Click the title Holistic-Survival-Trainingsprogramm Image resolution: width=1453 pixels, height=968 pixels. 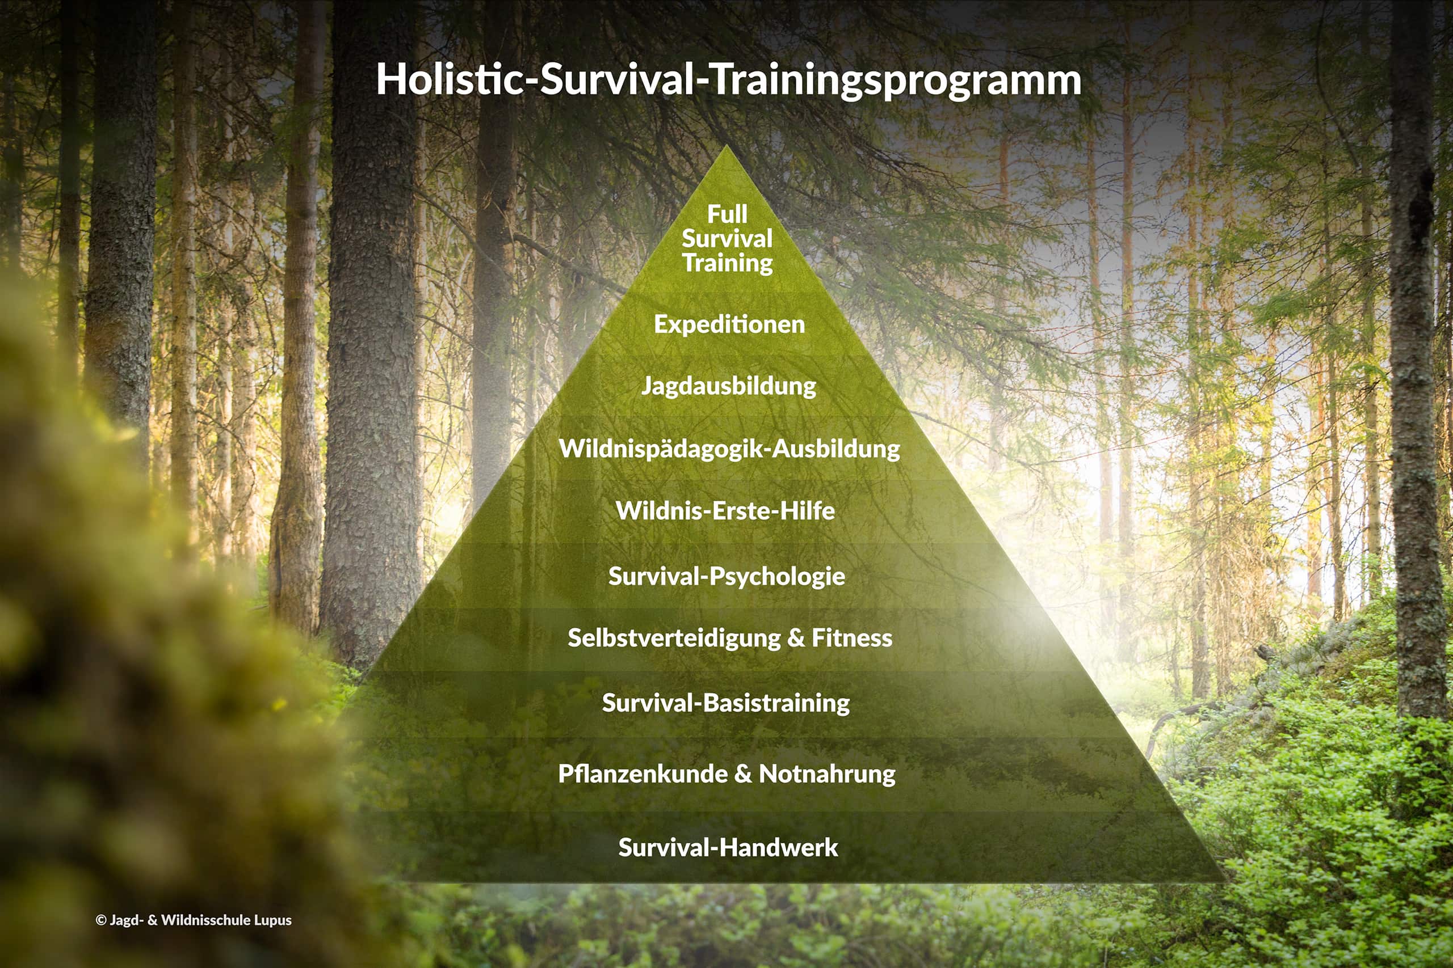tap(729, 81)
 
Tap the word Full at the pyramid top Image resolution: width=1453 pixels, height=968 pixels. tap(727, 214)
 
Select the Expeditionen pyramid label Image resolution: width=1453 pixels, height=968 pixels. tap(729, 325)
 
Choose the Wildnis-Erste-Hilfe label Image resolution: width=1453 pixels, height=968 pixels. tap(725, 510)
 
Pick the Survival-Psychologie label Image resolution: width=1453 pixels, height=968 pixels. tap(726, 577)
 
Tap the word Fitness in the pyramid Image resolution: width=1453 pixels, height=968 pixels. tap(852, 638)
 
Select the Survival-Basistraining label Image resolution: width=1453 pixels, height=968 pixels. tap(726, 703)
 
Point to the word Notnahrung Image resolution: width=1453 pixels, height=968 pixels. tap(827, 774)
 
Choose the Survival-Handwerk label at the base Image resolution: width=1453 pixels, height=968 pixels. tap(728, 848)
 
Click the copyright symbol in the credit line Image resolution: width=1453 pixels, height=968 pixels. tap(102, 920)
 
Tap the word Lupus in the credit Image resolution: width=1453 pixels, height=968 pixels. tap(272, 920)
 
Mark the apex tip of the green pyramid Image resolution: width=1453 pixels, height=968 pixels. tap(727, 146)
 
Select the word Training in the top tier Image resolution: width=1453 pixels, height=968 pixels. tap(728, 264)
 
